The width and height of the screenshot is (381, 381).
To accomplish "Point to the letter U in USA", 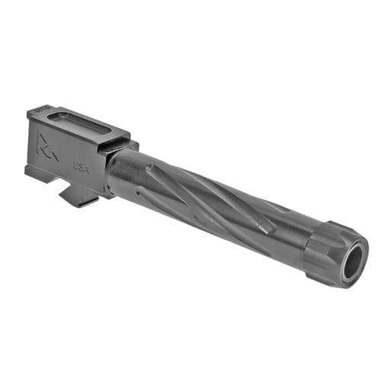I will click(x=75, y=162).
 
